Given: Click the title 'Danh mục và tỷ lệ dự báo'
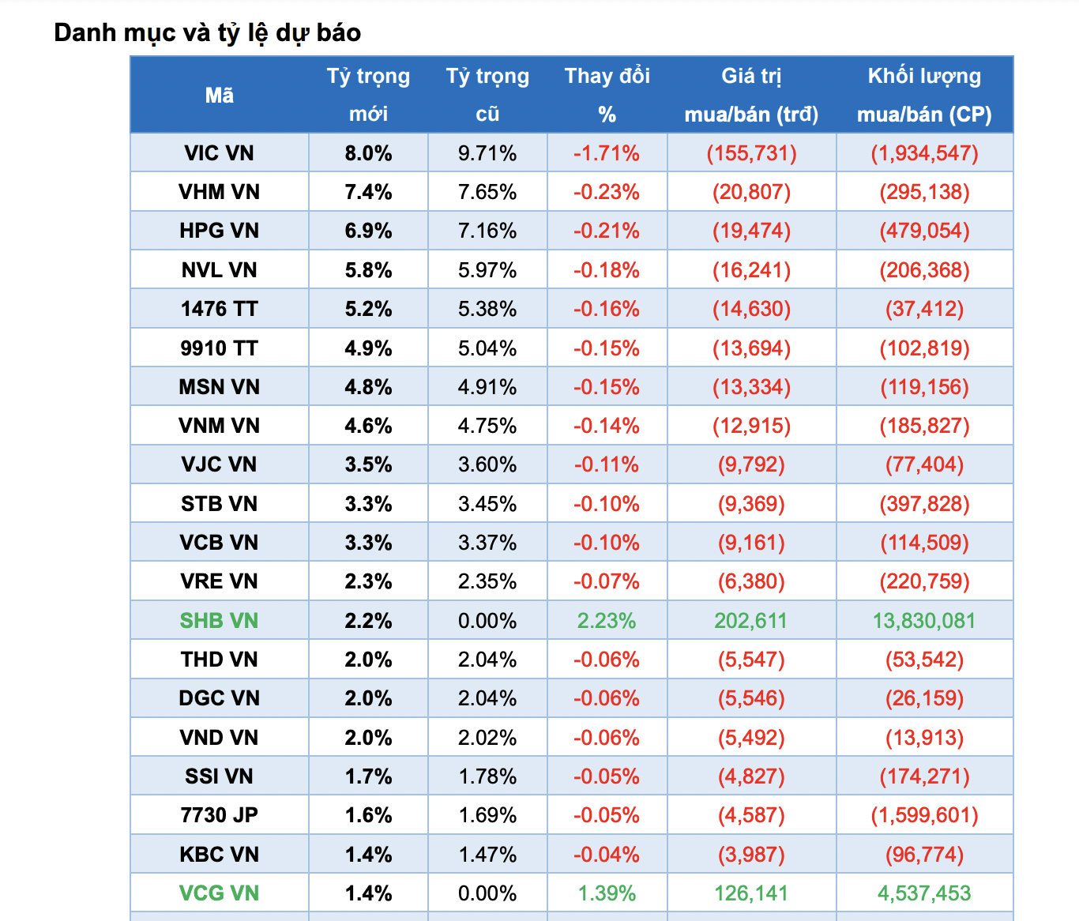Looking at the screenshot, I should pos(207,32).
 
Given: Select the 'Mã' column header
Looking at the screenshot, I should pos(219,96).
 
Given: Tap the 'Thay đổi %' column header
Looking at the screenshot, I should pos(607,95).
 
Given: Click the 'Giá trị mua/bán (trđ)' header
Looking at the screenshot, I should pos(751,95).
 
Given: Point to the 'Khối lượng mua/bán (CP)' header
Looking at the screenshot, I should pos(924,95).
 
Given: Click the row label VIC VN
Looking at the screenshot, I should pos(219,153).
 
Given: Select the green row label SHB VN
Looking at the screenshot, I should pos(219,621).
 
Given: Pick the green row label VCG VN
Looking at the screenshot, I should pos(219,893).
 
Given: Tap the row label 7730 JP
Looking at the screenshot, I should pos(219,815).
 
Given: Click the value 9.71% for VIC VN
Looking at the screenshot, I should pos(487,153).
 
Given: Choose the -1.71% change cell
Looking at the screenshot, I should pos(607,153).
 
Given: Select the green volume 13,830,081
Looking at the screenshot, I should pos(924,621).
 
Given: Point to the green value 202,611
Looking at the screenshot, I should pos(751,621).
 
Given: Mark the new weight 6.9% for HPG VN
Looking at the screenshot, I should pos(368,231).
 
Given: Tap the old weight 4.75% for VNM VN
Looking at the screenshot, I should pos(487,426).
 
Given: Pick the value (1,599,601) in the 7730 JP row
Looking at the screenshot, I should pos(924,815).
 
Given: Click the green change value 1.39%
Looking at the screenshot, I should pos(607,893).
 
